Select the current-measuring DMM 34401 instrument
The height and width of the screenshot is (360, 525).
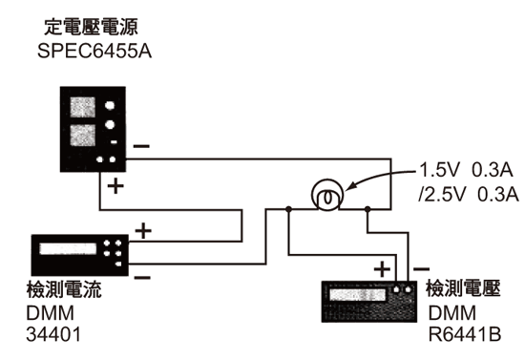click(x=81, y=252)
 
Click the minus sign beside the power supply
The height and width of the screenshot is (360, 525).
click(x=141, y=146)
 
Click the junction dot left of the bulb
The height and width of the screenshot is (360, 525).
click(x=289, y=207)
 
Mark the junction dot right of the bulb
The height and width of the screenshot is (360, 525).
click(x=367, y=207)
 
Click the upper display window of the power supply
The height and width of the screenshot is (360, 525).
click(x=80, y=102)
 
